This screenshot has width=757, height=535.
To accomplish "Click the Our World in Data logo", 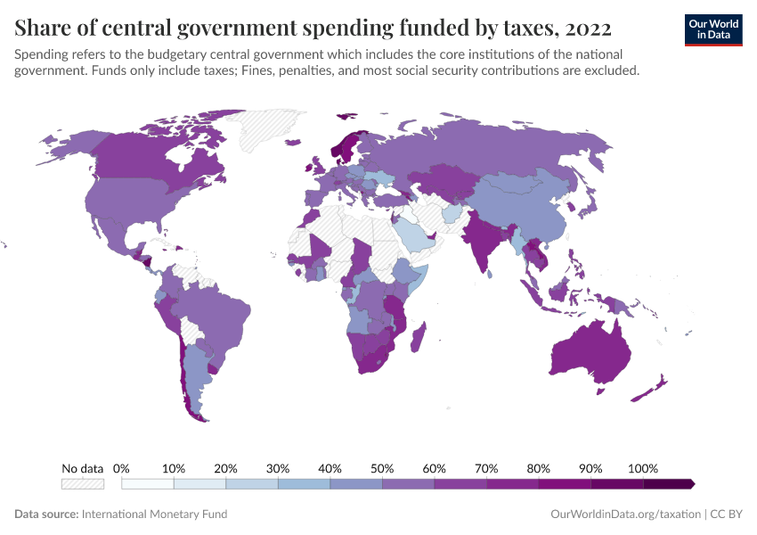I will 712,29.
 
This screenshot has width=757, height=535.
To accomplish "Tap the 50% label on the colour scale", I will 382,468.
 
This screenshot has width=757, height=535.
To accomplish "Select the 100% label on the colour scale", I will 642,468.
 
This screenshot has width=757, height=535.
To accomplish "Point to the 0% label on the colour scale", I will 122,468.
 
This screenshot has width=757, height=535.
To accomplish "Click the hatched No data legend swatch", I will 83,483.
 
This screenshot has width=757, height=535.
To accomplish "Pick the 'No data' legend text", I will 83,468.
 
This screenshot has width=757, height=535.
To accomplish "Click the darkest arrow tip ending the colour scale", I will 690,483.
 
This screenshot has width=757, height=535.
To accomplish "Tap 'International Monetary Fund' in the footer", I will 154,514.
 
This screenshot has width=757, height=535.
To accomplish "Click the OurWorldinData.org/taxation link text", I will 626,514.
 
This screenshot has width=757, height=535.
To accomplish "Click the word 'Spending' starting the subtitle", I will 42,53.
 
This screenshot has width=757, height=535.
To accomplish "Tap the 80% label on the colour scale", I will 538,468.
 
